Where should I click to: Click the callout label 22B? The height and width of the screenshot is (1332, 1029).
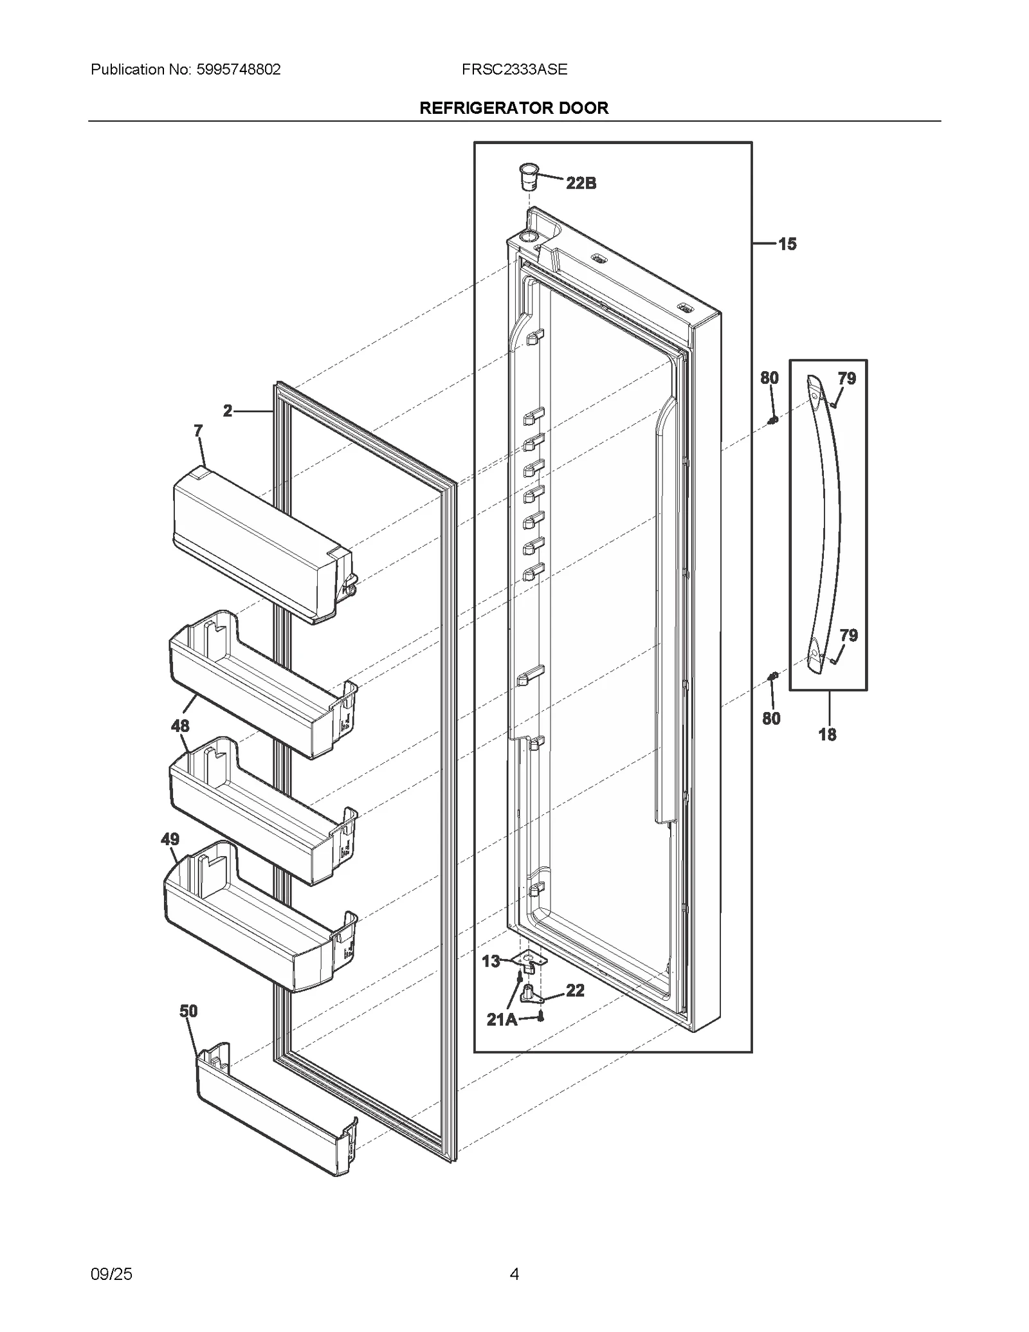click(581, 184)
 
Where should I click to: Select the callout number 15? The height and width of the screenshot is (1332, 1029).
click(787, 244)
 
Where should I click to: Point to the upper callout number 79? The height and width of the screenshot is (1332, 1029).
click(846, 379)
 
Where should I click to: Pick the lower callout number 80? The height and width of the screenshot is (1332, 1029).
click(771, 718)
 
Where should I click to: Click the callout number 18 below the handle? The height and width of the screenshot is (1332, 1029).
click(827, 734)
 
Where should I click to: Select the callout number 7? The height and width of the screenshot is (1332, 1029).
click(198, 431)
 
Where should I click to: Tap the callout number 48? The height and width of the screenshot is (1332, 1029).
click(180, 726)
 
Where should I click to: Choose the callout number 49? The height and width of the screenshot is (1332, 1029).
click(170, 839)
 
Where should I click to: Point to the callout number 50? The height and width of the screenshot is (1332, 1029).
click(188, 1011)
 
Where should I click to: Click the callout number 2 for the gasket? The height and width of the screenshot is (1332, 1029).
click(228, 411)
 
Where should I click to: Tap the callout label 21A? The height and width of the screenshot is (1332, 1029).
click(502, 1019)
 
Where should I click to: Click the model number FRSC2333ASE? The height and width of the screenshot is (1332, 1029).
click(514, 69)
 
